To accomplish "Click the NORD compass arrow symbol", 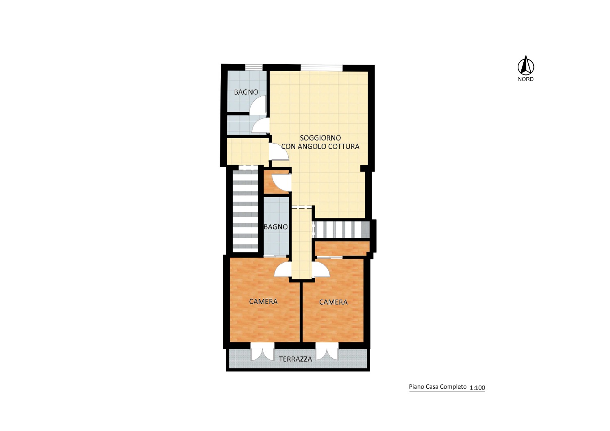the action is [x=525, y=65].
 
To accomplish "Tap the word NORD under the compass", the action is [x=525, y=79].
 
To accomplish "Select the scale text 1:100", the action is [x=477, y=388].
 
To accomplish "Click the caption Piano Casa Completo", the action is [x=438, y=387].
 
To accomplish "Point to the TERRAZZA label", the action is [x=296, y=359].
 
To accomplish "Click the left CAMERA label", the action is [x=264, y=301].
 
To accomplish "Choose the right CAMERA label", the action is [x=333, y=302].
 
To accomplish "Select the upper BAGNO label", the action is [x=246, y=92].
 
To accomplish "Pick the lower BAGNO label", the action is [x=276, y=226].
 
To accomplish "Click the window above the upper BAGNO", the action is [x=254, y=67].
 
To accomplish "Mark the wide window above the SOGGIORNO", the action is [x=322, y=67].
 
